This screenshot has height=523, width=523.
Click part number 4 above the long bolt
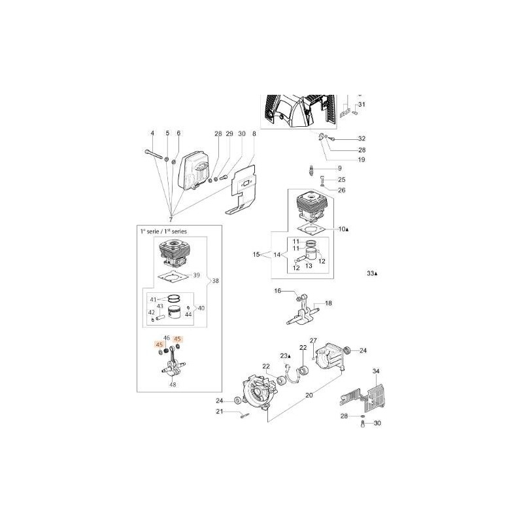(152, 134)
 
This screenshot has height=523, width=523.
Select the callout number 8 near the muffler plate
(254, 134)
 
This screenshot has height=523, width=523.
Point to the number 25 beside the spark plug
(341, 180)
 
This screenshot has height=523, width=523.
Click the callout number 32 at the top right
(362, 139)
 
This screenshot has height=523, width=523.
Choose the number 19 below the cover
(362, 160)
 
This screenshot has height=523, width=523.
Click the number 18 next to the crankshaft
(328, 303)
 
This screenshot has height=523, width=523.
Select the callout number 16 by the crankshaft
(277, 291)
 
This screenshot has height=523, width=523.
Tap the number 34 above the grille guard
(376, 372)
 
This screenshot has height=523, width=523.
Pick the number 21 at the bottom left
(220, 411)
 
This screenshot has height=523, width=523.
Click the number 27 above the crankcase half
(313, 341)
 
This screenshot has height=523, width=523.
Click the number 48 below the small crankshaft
(173, 385)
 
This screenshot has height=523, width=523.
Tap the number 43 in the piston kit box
(158, 307)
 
